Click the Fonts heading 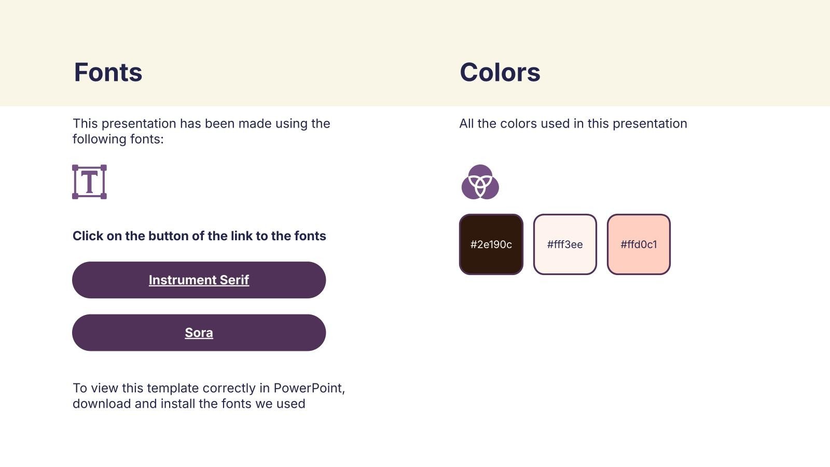tap(108, 72)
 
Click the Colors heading tap(500, 72)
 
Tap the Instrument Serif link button tap(199, 280)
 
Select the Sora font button tap(199, 333)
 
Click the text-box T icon tap(89, 182)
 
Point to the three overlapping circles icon tap(480, 182)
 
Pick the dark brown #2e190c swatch tap(491, 244)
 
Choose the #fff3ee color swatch tap(565, 244)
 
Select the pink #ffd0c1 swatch tap(639, 244)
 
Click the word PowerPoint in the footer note tap(309, 388)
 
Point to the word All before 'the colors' tap(466, 123)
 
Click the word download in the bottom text tap(102, 404)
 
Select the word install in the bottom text tap(178, 404)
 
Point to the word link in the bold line tap(241, 236)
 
